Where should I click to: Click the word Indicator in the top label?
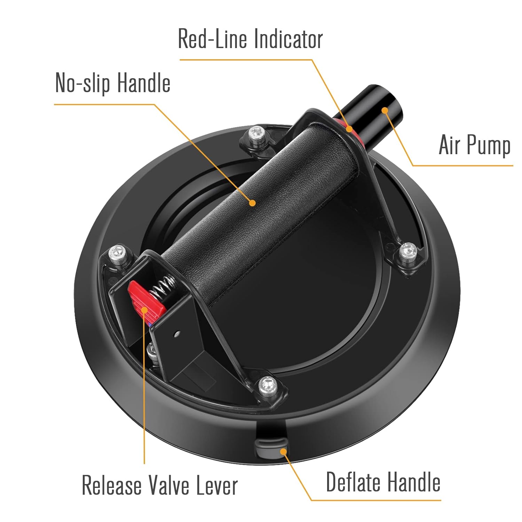pos(288,39)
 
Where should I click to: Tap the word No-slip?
pos(83,83)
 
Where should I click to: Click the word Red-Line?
pos(213,39)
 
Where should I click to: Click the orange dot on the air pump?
pos(385,110)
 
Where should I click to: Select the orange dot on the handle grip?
pos(253,203)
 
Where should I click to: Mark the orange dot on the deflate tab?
pos(284,451)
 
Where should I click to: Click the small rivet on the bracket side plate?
pos(177,334)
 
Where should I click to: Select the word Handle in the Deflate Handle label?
pos(414,482)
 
